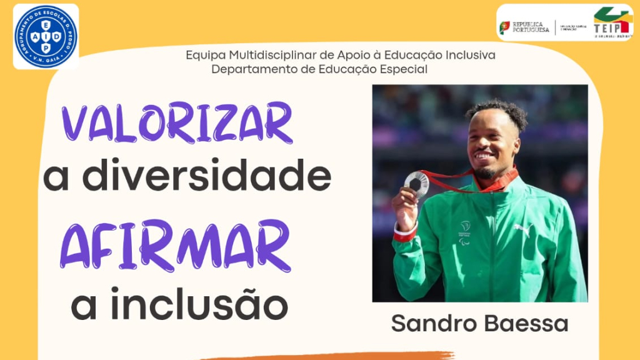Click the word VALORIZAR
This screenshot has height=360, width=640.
click(177, 123)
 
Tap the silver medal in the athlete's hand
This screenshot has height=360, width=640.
click(417, 182)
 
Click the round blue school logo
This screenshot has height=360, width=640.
click(46, 36)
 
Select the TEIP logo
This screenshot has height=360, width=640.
click(611, 23)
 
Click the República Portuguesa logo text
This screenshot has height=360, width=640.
click(531, 27)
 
